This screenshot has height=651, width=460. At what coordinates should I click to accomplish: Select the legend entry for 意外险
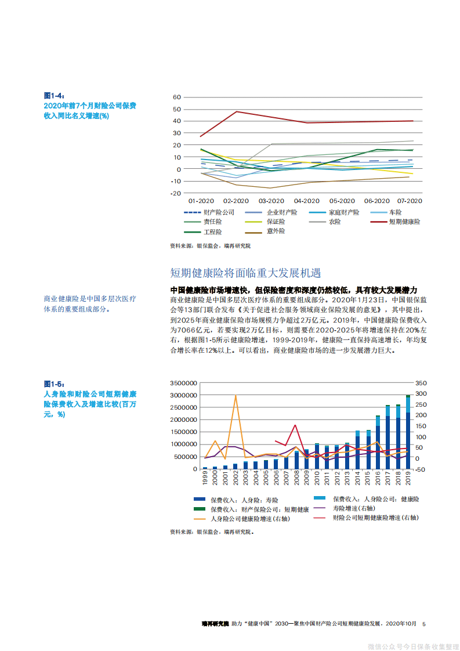point(276,231)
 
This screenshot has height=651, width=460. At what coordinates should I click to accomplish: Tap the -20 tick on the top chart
point(175,193)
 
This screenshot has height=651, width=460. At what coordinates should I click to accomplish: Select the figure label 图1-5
point(54,384)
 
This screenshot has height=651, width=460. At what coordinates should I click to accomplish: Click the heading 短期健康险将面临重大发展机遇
point(245,273)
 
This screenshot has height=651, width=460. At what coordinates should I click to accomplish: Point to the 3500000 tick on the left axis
point(184,384)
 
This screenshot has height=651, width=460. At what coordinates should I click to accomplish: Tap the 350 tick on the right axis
point(421,384)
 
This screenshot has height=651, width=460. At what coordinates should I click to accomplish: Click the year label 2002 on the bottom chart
point(236,478)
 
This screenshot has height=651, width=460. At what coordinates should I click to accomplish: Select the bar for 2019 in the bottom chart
point(408,432)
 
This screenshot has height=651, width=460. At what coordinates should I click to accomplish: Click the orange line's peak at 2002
point(236,396)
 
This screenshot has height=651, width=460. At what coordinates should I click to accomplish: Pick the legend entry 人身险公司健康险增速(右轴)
point(250,518)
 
